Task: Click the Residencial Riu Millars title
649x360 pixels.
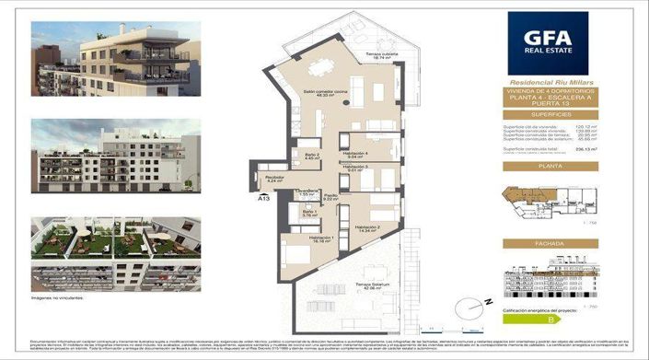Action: [x=549, y=82]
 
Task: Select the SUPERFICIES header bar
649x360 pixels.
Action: [x=549, y=113]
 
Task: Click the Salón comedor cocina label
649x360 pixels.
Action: [x=325, y=93]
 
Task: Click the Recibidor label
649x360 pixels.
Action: [x=273, y=179]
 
